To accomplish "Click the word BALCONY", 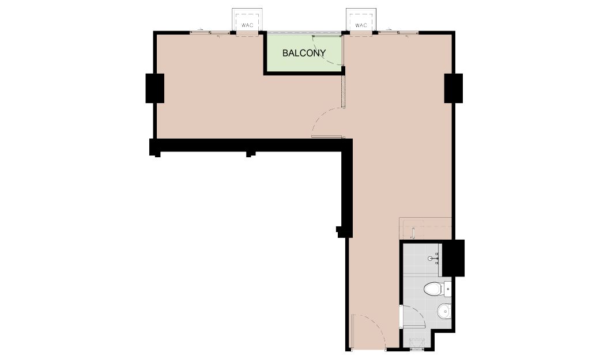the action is pyautogui.click(x=304, y=53).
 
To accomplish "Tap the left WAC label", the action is pyautogui.click(x=247, y=25).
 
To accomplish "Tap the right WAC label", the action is pyautogui.click(x=361, y=25).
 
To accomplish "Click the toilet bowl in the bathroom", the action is pyautogui.click(x=432, y=289).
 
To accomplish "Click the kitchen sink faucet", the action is pyautogui.click(x=413, y=232).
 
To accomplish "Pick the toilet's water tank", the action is pyautogui.click(x=447, y=289).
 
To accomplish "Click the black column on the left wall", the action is pyautogui.click(x=154, y=88).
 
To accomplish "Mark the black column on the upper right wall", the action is pyautogui.click(x=454, y=88).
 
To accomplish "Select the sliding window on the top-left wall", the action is pyautogui.click(x=210, y=32).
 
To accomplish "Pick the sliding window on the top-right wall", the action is pyautogui.click(x=398, y=32).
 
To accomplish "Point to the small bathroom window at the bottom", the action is pyautogui.click(x=417, y=350).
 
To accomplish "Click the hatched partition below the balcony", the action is pyautogui.click(x=344, y=91).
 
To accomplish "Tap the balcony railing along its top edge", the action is pyautogui.click(x=304, y=33).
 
